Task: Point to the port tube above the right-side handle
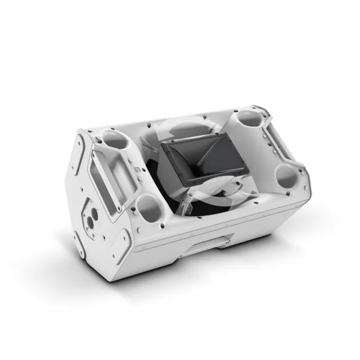click(x=247, y=122)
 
